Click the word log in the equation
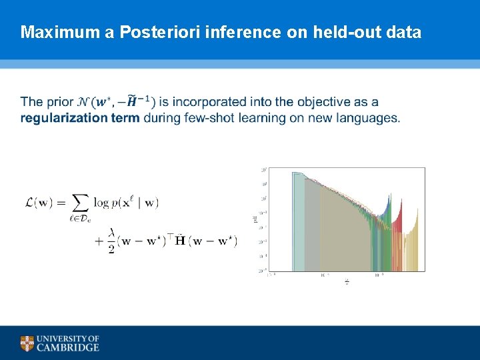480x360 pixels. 101,202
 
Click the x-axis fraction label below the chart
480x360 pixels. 346,282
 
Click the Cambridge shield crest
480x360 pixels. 27,343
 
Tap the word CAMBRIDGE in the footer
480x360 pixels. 68,347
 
